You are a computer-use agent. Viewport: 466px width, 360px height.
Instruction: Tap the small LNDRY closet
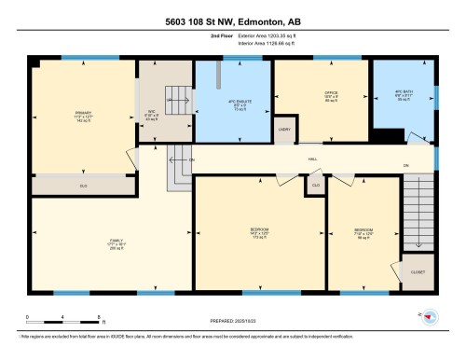pyautogui.click(x=283, y=132)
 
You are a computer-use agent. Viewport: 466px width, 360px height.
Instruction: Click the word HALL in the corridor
pyautogui.click(x=313, y=159)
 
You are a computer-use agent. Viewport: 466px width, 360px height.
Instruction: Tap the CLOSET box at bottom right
pyautogui.click(x=418, y=272)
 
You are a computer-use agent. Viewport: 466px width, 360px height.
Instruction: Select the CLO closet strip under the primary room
pyautogui.click(x=83, y=187)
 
